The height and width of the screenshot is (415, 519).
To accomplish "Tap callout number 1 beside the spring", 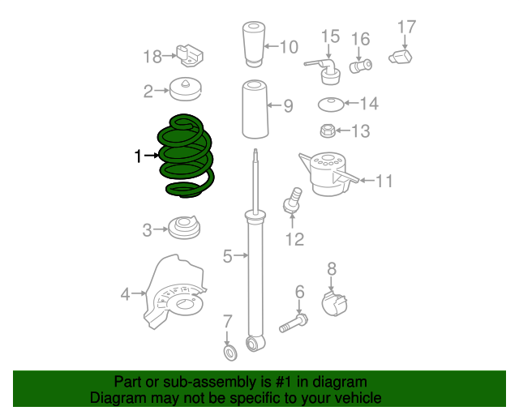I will pos(138,156).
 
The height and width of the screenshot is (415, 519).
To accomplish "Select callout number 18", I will pos(152,56).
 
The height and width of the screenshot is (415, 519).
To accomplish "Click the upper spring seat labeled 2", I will pos(185,89).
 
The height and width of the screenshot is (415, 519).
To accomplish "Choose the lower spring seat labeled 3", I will pos(185,228).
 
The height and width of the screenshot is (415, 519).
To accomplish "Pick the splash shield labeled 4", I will pos(175,293).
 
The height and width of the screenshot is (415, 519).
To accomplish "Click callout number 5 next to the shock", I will pos(228,257).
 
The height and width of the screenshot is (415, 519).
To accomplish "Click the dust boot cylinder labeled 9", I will pos(254,109).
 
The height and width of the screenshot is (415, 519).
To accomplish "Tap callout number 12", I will pos(294,239).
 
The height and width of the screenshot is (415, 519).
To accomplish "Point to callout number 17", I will pos(405,27).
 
